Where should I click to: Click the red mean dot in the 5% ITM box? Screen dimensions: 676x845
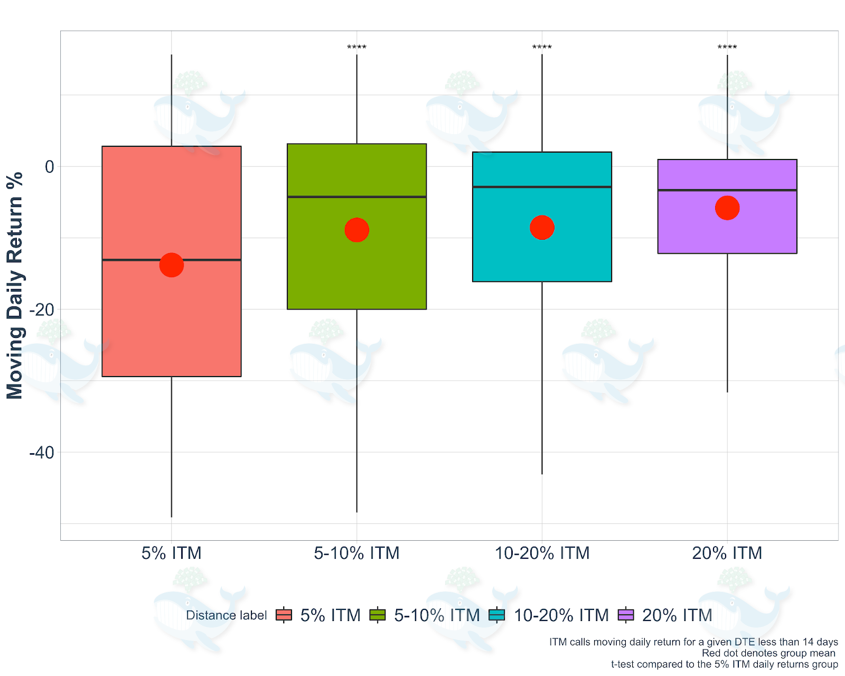point(172,265)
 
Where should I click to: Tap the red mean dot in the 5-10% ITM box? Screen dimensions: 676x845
point(356,230)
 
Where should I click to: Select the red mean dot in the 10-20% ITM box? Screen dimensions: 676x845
point(542,228)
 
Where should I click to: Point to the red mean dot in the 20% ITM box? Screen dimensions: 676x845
point(727,208)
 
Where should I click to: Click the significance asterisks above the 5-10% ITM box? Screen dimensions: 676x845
point(356,48)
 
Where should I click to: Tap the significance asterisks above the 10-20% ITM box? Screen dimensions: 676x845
point(542,48)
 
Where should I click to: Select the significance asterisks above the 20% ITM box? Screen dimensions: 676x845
point(727,48)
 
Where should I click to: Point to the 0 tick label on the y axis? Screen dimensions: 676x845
point(50,167)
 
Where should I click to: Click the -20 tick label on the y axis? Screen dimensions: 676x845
point(42,310)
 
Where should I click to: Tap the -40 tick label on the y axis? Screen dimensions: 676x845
point(42,453)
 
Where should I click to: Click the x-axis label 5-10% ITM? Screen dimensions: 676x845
point(356,553)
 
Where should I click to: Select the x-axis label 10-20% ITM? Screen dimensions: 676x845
point(542,553)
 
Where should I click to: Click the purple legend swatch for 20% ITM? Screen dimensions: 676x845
point(626,615)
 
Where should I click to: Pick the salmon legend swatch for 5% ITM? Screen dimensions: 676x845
point(284,615)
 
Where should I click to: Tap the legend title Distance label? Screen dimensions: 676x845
point(227,615)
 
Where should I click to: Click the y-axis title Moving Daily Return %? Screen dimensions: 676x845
point(15,285)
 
